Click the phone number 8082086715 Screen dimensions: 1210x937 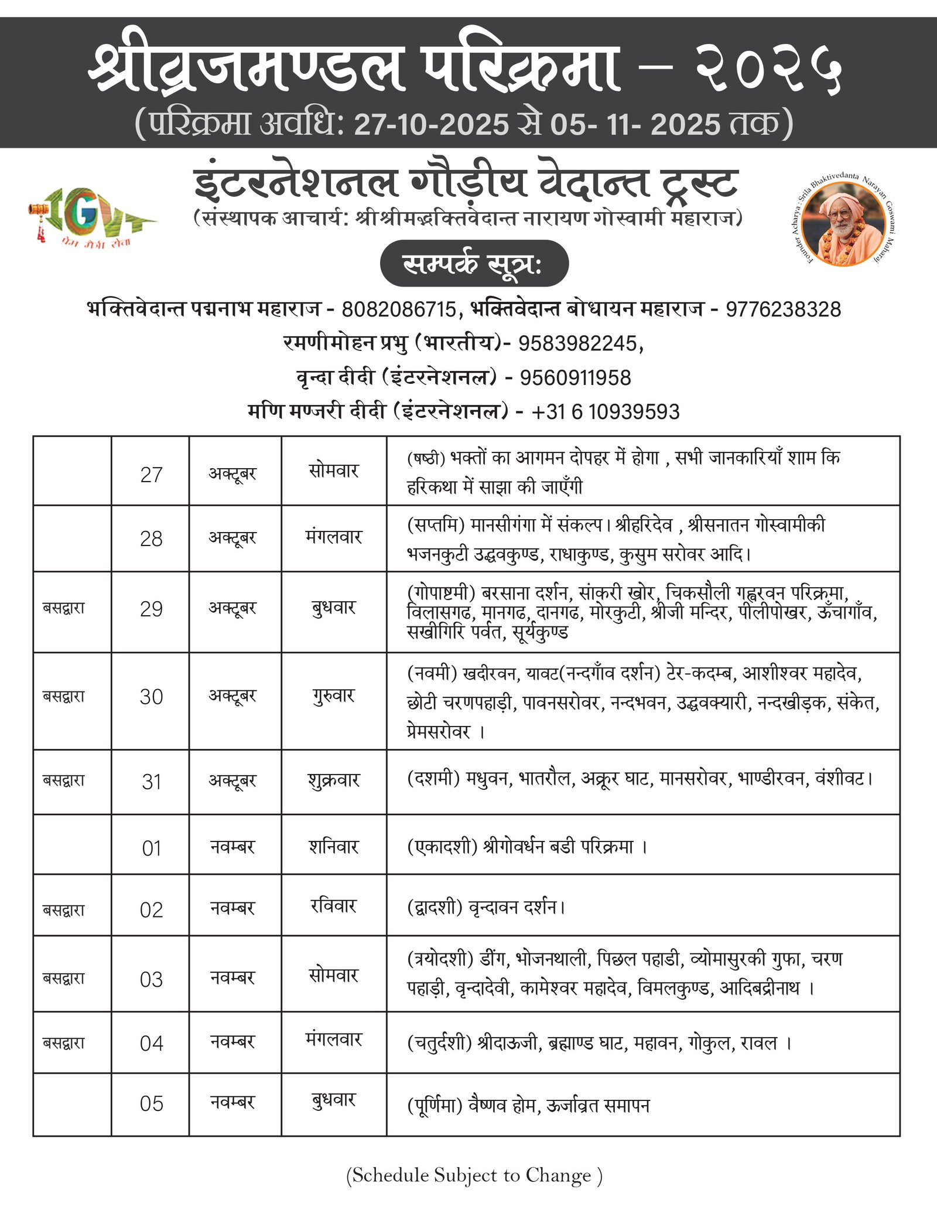point(398,309)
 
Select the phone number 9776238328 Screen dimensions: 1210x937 point(783,309)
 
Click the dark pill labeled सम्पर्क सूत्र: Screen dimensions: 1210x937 point(474,264)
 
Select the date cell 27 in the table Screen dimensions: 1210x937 point(151,475)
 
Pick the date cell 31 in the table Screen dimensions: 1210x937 point(151,782)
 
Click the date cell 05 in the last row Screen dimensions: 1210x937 point(151,1104)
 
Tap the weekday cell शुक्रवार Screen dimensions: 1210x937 point(334,780)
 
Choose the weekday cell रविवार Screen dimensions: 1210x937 point(334,906)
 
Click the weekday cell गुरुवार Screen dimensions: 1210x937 point(334,696)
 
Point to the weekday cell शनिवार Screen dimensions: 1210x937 point(334,847)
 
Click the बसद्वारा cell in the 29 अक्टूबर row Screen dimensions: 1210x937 point(64,608)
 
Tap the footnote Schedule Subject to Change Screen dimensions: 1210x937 point(474,1175)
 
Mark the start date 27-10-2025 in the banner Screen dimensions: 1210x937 point(432,125)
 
